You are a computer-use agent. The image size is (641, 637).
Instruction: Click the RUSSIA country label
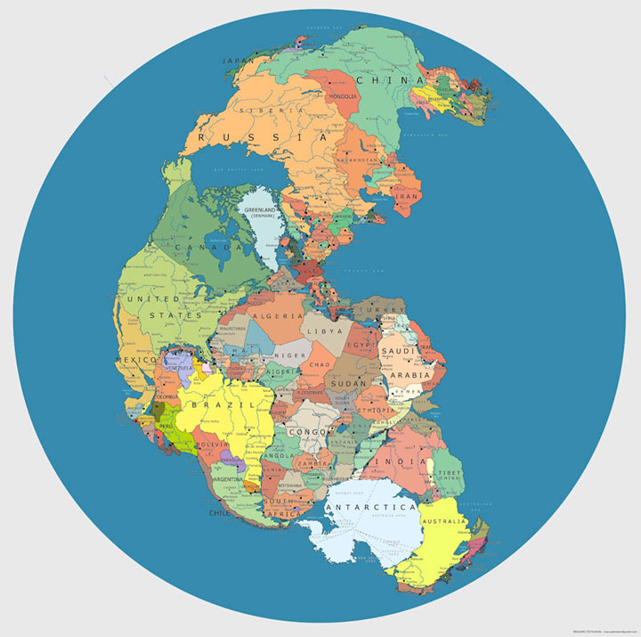point(263,138)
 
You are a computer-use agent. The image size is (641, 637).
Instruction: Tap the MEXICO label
point(135,360)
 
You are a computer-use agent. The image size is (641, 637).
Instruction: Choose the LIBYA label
point(324,331)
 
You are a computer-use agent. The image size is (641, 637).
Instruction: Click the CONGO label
point(307,432)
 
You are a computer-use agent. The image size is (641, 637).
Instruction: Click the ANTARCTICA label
point(371,507)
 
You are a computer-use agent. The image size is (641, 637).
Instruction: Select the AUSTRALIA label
point(446,521)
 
